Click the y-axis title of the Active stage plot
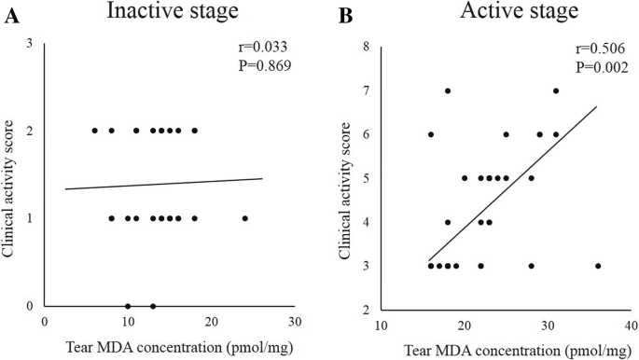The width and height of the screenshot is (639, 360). tap(346, 177)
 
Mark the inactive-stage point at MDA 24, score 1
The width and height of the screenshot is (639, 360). tap(244, 218)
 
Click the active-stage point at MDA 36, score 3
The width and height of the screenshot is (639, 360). tap(598, 266)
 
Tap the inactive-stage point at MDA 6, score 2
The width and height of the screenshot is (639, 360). tap(94, 131)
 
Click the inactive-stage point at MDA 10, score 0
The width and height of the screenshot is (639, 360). tap(128, 306)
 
